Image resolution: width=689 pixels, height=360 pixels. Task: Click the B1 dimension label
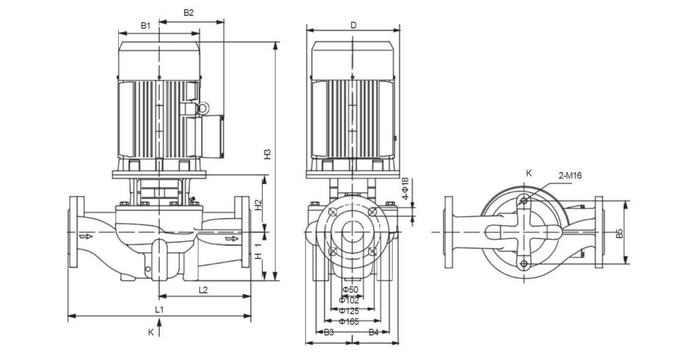point(146,25)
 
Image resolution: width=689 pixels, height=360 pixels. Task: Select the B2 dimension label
point(188,13)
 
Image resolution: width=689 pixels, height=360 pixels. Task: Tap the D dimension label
point(354,25)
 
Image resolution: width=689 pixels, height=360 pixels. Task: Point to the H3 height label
point(268,154)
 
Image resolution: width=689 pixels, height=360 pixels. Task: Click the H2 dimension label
point(258,205)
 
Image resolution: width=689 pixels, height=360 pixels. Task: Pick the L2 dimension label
point(203,290)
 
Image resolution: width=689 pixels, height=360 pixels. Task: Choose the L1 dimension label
point(159,310)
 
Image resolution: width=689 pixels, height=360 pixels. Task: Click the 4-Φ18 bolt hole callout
point(405,188)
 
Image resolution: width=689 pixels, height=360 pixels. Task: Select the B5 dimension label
point(621,232)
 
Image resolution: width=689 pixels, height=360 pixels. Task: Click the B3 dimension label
point(329,332)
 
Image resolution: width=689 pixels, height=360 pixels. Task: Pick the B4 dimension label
point(373,332)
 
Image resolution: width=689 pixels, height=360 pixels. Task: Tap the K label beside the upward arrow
point(151,331)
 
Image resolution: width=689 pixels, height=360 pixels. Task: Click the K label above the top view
point(529,173)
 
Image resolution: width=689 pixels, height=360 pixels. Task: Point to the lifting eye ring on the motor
point(204,108)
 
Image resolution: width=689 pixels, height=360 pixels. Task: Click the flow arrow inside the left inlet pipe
point(88,236)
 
